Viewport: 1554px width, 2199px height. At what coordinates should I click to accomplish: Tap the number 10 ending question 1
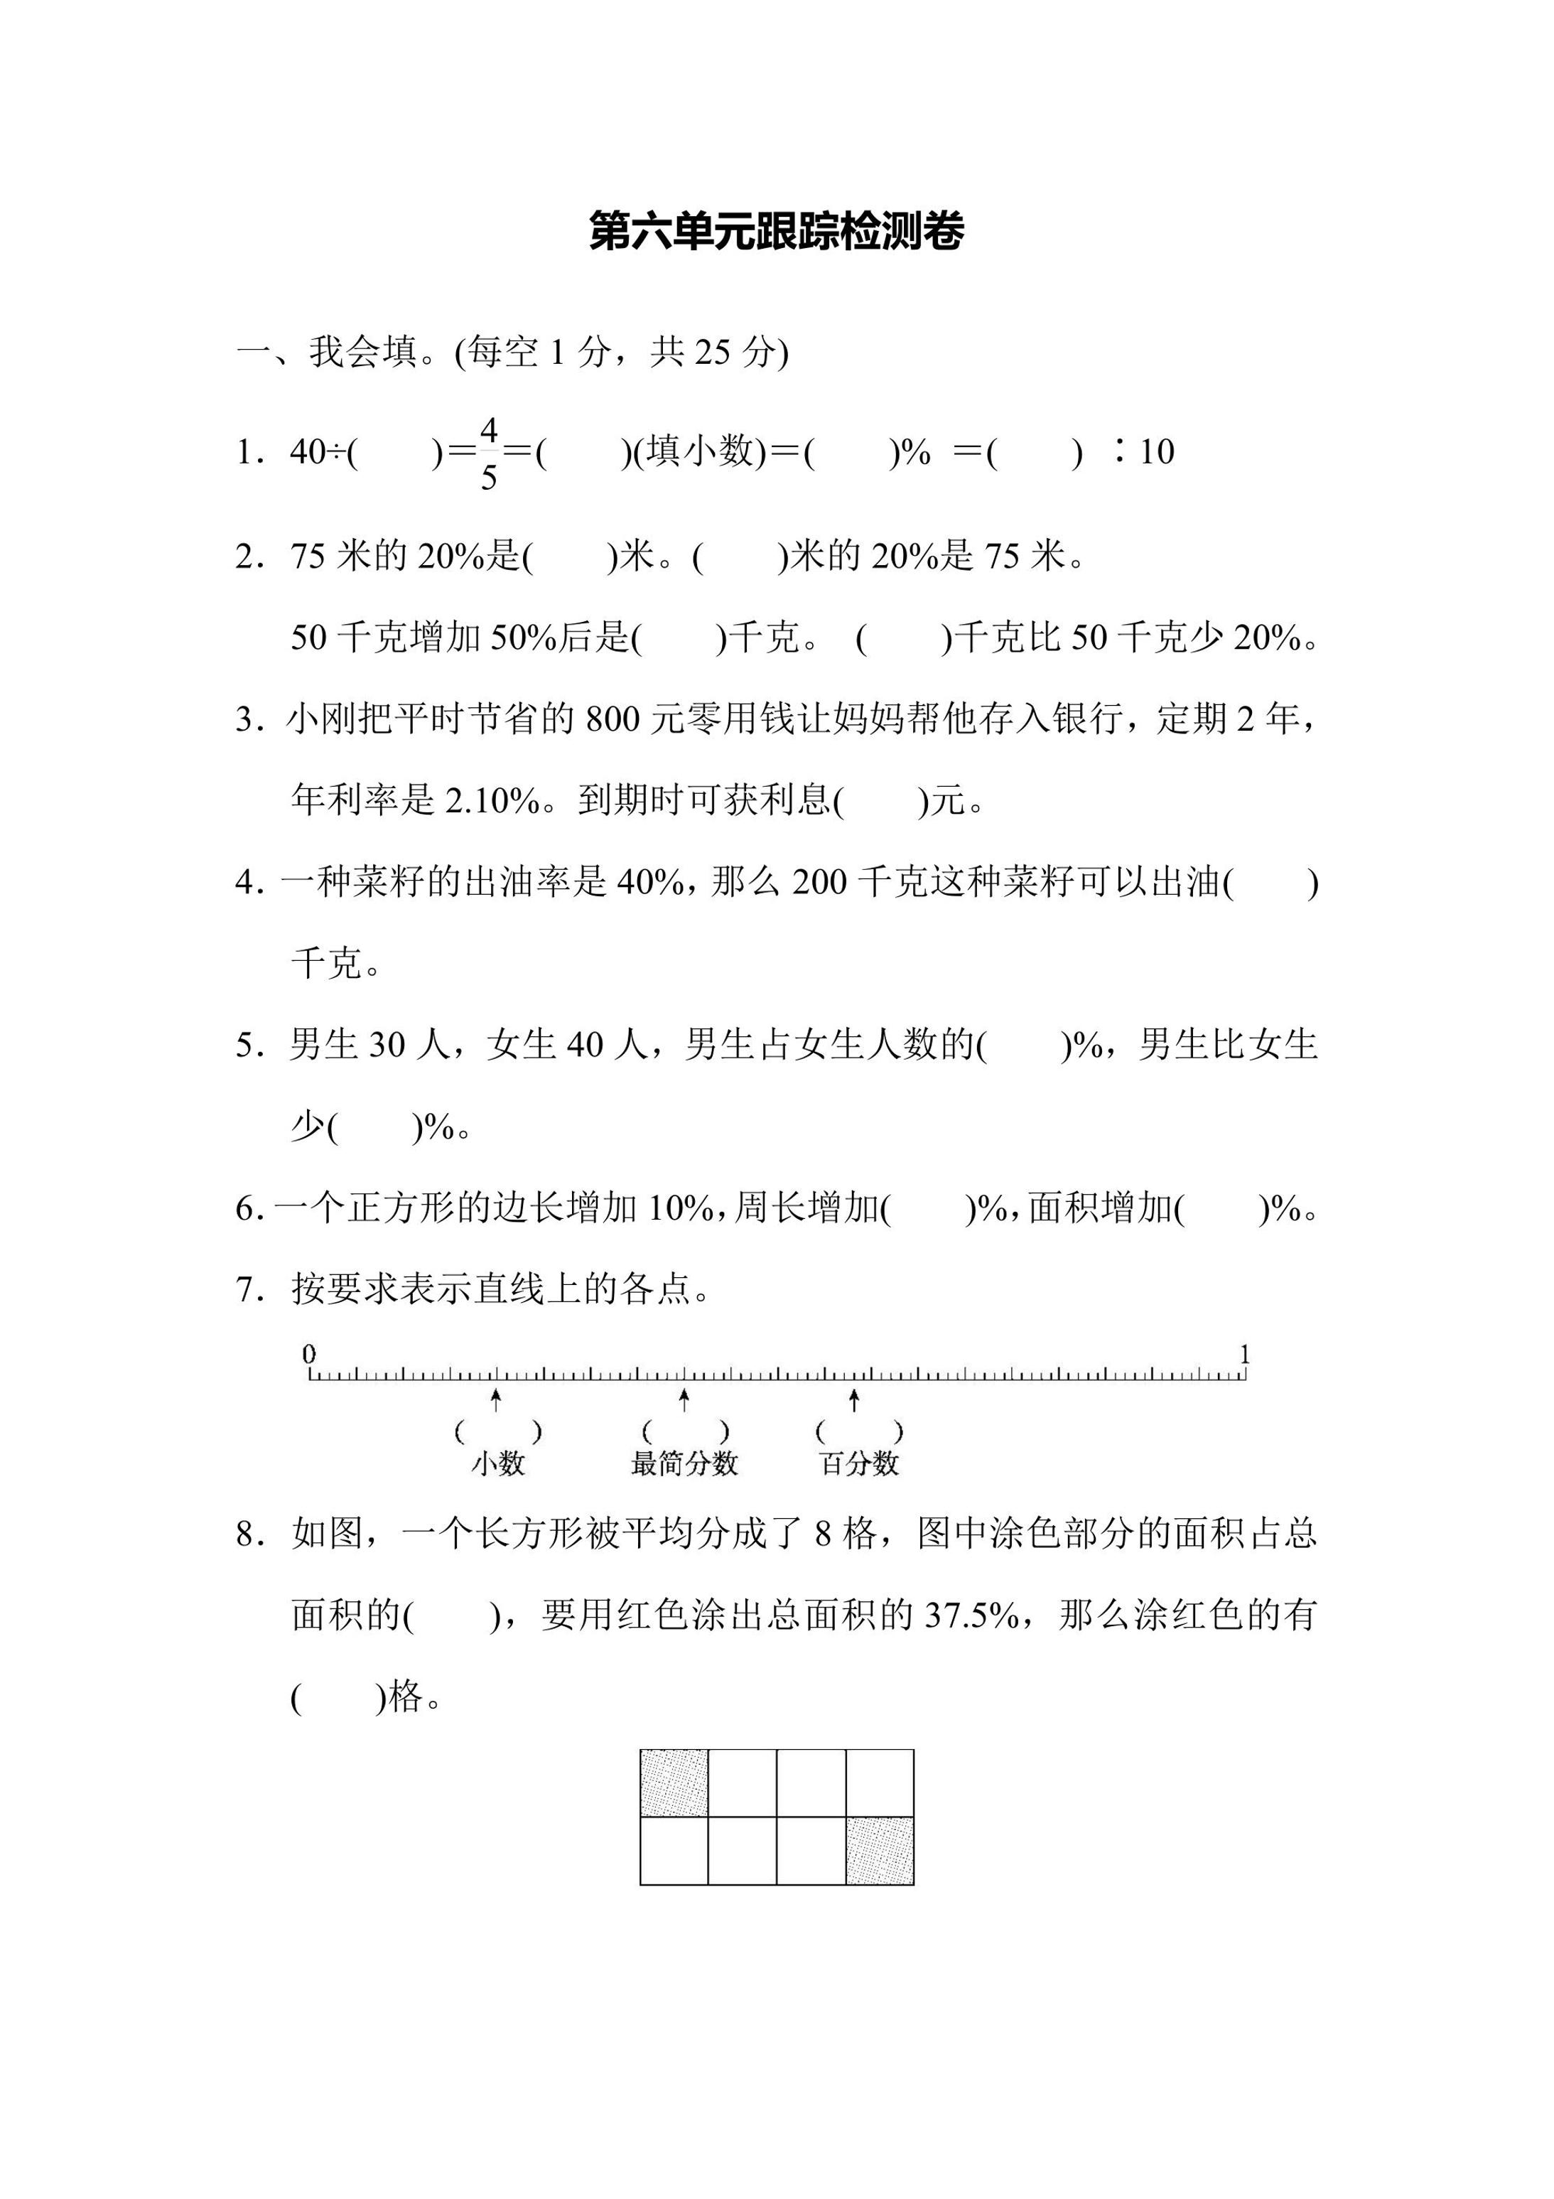1157,452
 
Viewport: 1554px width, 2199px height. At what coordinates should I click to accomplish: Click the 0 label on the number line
309,1353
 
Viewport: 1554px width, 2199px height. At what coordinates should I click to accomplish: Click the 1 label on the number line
1245,1353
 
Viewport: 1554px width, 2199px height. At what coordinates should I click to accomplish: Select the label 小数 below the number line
498,1463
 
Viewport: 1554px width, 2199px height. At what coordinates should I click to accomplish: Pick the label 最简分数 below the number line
684,1463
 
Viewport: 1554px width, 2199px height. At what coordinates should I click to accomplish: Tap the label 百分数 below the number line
860,1463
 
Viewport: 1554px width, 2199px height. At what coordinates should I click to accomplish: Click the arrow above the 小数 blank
496,1400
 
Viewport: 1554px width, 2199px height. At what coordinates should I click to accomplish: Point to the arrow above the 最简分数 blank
684,1400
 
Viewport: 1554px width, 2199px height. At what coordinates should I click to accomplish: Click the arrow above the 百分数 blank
854,1400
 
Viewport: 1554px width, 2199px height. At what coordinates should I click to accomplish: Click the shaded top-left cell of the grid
674,1783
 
